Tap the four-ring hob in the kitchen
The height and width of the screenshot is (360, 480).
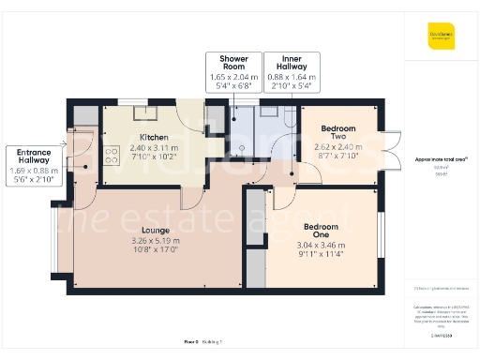tap(111, 156)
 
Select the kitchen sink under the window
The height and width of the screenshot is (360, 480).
tap(145, 114)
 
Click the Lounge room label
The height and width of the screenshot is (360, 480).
tap(155, 229)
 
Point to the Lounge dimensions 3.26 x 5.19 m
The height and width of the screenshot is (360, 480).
tap(155, 240)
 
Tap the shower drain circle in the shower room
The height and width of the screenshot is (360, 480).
tap(241, 146)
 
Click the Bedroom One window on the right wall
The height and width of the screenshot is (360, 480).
tap(382, 234)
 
